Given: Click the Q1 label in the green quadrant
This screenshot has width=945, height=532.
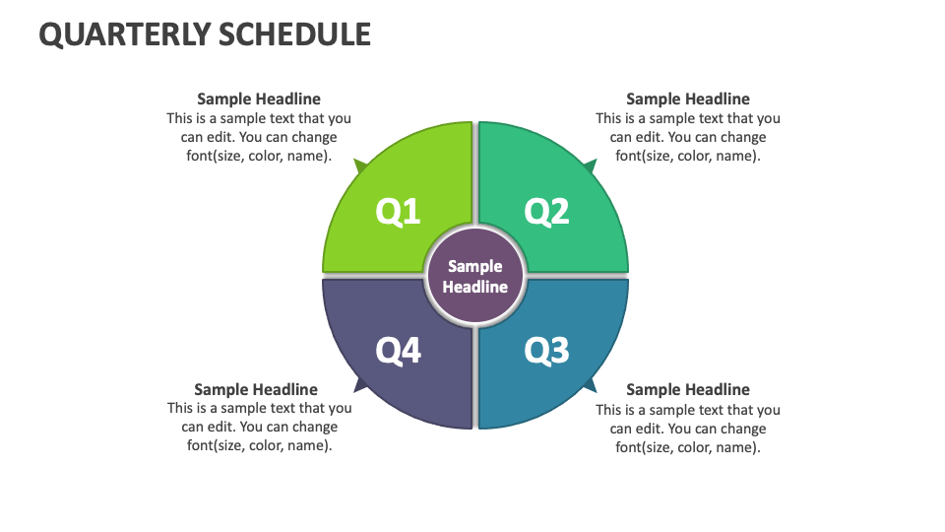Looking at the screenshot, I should coord(399,212).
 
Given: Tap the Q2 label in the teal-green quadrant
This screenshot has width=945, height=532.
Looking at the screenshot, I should coord(547,212).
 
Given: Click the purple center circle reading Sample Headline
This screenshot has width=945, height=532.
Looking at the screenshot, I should coord(475,277).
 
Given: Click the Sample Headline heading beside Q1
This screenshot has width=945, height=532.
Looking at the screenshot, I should coord(259,99).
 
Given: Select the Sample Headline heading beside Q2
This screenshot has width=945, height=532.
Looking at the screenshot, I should coord(688,99).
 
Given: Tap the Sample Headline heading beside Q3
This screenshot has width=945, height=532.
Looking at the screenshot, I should coord(688,389).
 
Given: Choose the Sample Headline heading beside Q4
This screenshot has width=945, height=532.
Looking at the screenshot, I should coord(256,389).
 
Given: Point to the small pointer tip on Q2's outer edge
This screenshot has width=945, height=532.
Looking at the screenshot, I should coord(590,165).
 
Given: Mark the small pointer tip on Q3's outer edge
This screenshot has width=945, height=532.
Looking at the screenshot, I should coord(590,384).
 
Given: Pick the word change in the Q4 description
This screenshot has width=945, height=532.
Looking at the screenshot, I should coord(314,427).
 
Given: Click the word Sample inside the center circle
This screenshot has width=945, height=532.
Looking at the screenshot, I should coord(475,266).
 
